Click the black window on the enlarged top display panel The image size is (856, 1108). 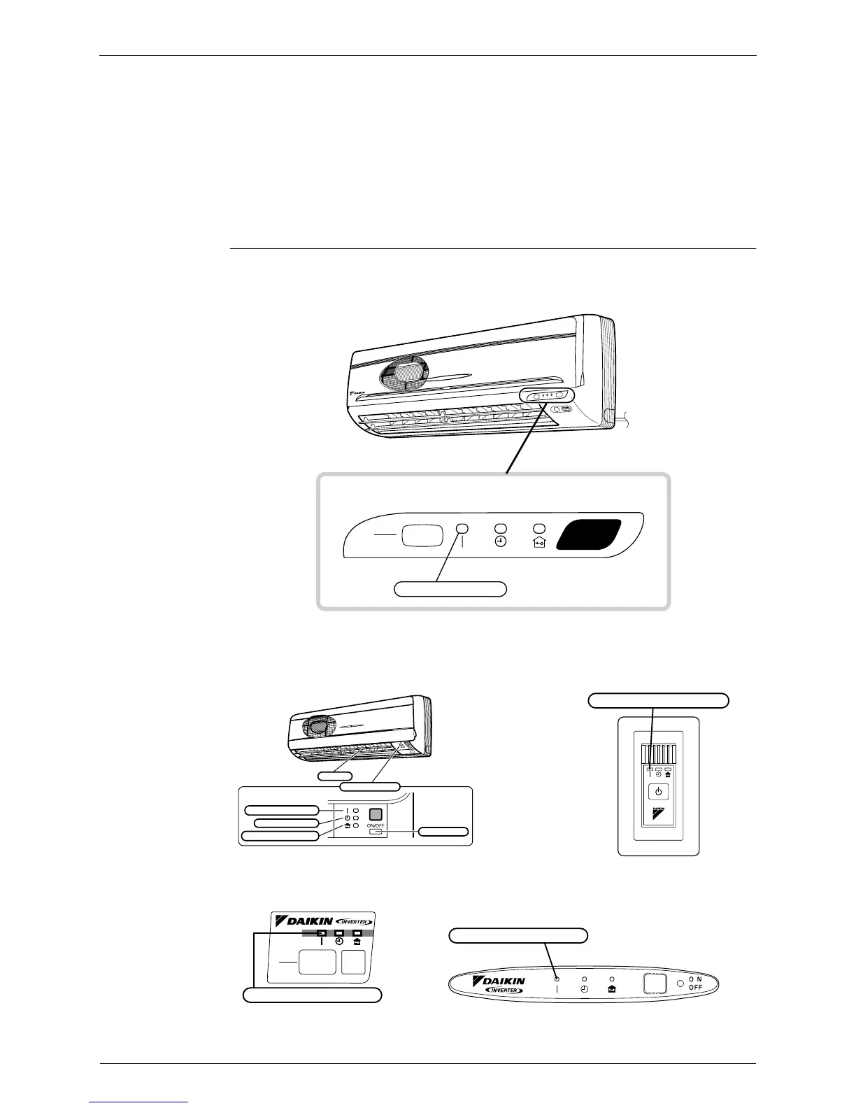(x=589, y=535)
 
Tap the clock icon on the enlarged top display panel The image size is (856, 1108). (x=501, y=542)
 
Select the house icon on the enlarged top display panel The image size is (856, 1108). (x=538, y=542)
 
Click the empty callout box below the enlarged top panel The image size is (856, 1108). (x=450, y=588)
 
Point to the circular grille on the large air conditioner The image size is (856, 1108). (x=404, y=371)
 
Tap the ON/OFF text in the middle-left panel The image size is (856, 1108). (x=376, y=825)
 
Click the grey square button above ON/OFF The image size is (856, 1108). (x=376, y=813)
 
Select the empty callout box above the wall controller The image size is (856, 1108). (x=658, y=699)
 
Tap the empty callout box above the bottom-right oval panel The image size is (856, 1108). (x=518, y=935)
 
